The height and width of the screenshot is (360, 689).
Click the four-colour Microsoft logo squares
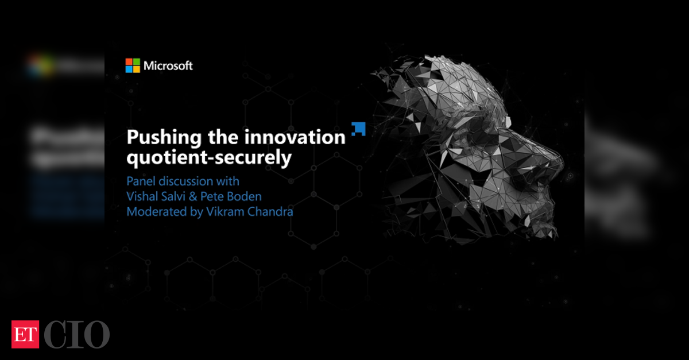tap(133, 65)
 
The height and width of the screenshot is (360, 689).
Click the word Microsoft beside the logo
tap(168, 66)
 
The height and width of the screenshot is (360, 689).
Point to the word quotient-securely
tap(209, 158)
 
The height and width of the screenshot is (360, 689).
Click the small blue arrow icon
tap(359, 129)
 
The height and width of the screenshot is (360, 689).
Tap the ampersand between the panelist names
tap(193, 196)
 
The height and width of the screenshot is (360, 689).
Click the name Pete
tap(212, 196)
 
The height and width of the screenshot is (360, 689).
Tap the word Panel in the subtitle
tap(141, 181)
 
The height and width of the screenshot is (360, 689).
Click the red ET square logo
tap(25, 335)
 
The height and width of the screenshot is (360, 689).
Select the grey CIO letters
tap(77, 335)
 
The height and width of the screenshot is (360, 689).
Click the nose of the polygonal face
tap(553, 160)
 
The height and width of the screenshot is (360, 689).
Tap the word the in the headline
tap(223, 137)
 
